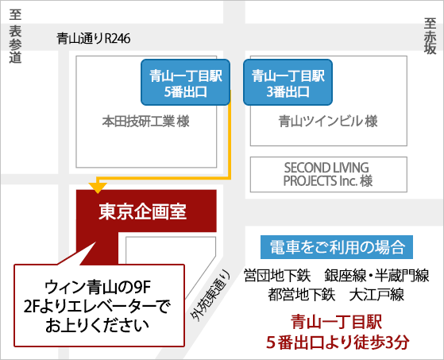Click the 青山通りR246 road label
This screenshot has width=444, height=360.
pyautogui.click(x=94, y=38)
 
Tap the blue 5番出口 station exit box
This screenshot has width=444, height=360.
pyautogui.click(x=186, y=82)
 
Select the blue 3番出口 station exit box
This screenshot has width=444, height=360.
pyautogui.click(x=288, y=82)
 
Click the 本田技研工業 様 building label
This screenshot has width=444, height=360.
pyautogui.click(x=145, y=122)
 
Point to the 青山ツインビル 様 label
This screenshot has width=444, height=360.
pyautogui.click(x=328, y=122)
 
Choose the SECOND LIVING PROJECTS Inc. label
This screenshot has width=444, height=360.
pyautogui.click(x=328, y=175)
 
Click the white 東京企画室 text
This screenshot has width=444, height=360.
pyautogui.click(x=142, y=212)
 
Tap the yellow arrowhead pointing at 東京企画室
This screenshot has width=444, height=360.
pyautogui.click(x=98, y=188)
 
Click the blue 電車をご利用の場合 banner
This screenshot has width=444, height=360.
pyautogui.click(x=337, y=247)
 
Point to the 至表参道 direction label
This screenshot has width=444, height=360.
pyautogui.click(x=15, y=37)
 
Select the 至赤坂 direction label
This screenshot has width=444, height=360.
pyautogui.click(x=430, y=36)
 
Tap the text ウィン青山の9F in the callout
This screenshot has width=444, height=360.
pyautogui.click(x=98, y=287)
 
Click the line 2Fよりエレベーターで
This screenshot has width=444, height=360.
pyautogui.click(x=98, y=307)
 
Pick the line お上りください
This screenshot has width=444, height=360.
pyautogui.click(x=97, y=326)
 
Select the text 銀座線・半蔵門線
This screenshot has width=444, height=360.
pyautogui.click(x=376, y=275)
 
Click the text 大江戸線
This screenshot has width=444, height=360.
pyautogui.click(x=376, y=295)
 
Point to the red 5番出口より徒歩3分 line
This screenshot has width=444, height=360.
pyautogui.click(x=338, y=343)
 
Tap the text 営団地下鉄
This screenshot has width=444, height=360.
pyautogui.click(x=277, y=275)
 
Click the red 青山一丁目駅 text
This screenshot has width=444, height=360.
pyautogui.click(x=337, y=323)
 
